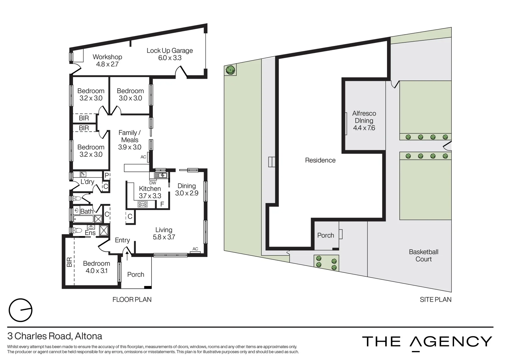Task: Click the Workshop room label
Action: point(107,57)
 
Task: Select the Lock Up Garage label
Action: point(170,51)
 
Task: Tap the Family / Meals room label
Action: point(130,136)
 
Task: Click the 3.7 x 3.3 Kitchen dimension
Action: point(150,196)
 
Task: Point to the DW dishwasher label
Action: point(153,183)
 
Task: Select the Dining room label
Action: point(186,186)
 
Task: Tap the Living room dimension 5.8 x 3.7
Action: point(164,237)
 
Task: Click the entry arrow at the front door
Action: point(127,254)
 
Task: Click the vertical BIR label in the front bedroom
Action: point(69,262)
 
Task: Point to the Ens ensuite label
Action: point(90,233)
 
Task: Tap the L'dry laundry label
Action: point(87,182)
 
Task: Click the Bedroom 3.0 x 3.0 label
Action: point(130,94)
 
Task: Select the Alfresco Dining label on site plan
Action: point(364,117)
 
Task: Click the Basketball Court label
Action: point(423,255)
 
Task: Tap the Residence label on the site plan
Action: point(320,160)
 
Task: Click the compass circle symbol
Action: point(21,310)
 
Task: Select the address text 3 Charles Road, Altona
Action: point(55,336)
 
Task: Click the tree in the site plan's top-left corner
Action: point(230,70)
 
